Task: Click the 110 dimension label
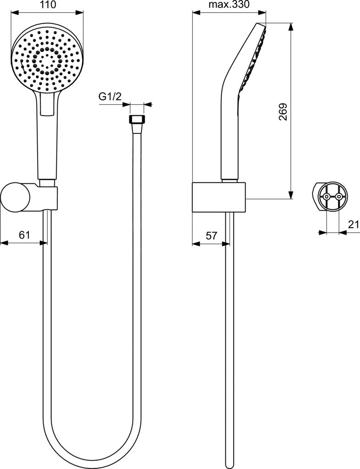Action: pos(48,5)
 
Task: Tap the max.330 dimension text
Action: pos(229,5)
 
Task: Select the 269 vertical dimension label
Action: pos(283,112)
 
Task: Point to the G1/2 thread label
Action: pos(110,96)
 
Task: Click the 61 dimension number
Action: pos(25,235)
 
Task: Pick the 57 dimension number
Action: pos(212,236)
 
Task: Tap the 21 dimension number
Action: pos(354,224)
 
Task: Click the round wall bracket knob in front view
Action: pos(15,198)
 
